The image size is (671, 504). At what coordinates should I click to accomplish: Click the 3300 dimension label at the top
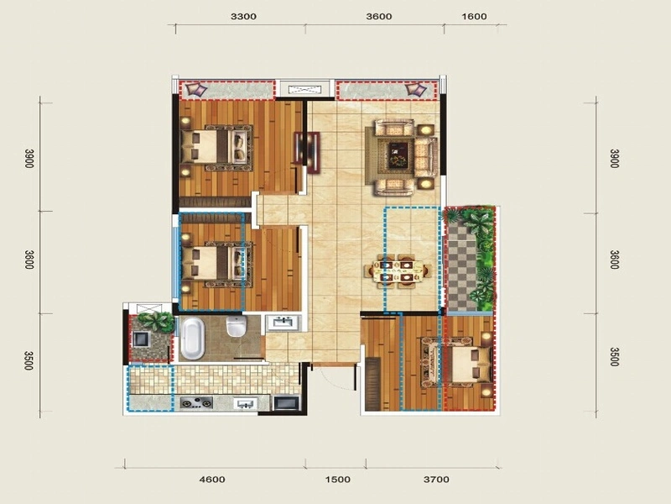click(x=243, y=16)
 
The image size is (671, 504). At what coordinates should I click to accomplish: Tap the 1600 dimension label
click(x=475, y=16)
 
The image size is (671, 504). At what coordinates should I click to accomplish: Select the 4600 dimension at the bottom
click(x=212, y=479)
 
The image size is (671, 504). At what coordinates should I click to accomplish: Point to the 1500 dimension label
click(x=338, y=479)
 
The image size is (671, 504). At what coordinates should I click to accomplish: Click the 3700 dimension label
click(x=436, y=479)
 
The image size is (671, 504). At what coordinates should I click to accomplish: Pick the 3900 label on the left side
click(x=29, y=158)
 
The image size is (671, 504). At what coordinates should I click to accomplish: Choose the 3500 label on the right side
click(x=614, y=357)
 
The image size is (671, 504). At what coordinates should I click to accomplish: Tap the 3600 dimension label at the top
click(x=379, y=16)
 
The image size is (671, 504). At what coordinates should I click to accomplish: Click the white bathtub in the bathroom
click(x=193, y=339)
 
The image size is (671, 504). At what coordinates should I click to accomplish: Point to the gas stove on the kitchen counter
click(x=196, y=403)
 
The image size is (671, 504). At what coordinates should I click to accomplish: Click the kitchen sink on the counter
click(x=245, y=403)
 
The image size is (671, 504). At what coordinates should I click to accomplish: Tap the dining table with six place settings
click(x=398, y=270)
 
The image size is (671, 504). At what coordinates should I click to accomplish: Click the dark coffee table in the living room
click(x=399, y=155)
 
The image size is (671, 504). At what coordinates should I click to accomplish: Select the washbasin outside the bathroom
click(x=283, y=323)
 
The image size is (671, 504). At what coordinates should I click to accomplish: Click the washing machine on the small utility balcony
click(x=140, y=339)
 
